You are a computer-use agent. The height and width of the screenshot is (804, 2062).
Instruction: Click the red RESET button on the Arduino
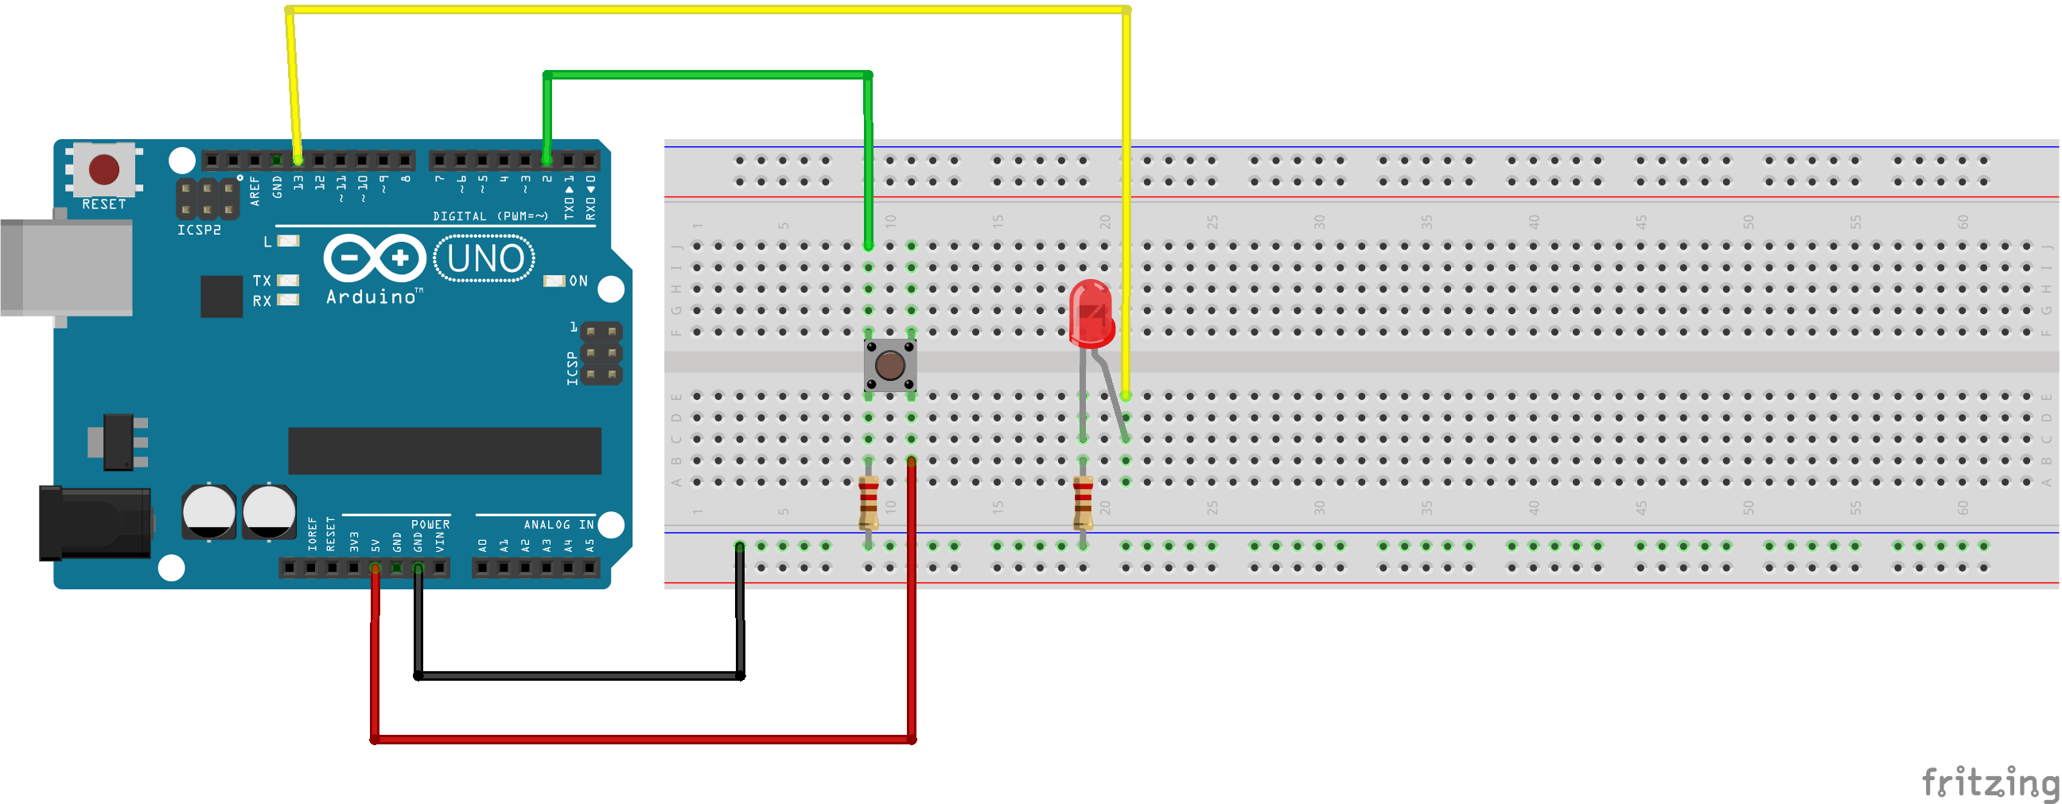click(x=104, y=169)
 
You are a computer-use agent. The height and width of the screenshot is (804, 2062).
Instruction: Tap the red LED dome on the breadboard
click(x=1091, y=312)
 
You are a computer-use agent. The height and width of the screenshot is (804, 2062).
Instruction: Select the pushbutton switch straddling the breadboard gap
click(x=890, y=365)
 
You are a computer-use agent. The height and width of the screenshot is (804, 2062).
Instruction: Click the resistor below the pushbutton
click(x=869, y=503)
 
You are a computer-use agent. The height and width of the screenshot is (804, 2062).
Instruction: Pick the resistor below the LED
click(x=1083, y=503)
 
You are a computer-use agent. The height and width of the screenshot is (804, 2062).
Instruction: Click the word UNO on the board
click(x=484, y=258)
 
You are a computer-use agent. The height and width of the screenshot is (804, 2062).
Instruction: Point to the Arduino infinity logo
click(x=375, y=258)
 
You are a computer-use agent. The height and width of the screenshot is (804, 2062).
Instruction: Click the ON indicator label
click(x=578, y=281)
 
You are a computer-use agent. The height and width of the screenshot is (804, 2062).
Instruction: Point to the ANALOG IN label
click(x=558, y=525)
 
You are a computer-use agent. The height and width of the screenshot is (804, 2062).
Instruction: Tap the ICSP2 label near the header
click(x=199, y=231)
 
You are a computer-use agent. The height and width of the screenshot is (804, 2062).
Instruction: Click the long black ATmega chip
click(x=444, y=450)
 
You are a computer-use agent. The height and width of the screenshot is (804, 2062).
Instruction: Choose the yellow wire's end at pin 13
click(x=298, y=161)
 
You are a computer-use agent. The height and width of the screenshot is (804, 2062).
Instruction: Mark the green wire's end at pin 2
click(x=547, y=161)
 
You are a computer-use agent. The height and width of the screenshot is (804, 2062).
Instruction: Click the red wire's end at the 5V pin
click(x=375, y=568)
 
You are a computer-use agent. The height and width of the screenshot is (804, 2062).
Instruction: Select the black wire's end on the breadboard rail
click(x=740, y=546)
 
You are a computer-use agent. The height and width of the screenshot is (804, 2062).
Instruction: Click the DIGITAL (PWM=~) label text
click(x=490, y=216)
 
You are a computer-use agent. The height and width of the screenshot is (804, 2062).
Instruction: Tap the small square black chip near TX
click(x=222, y=296)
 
